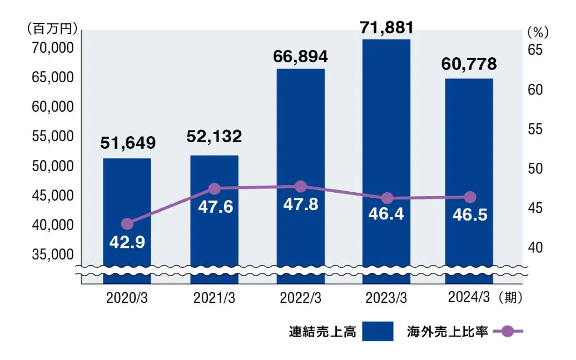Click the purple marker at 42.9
pyautogui.click(x=127, y=224)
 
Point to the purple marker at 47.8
pyautogui.click(x=300, y=187)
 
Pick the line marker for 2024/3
pyautogui.click(x=470, y=197)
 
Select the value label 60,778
pyautogui.click(x=469, y=64)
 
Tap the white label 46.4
pyautogui.click(x=386, y=214)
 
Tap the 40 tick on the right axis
pyautogui.click(x=534, y=247)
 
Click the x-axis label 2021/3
pyautogui.click(x=214, y=298)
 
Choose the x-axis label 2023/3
pyautogui.click(x=386, y=298)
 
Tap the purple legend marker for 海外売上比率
pyautogui.click(x=507, y=332)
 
